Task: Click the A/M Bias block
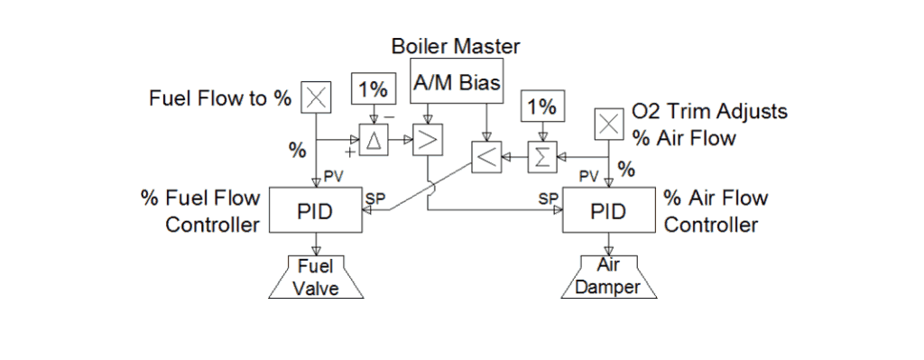pos(456,84)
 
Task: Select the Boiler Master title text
pos(456,45)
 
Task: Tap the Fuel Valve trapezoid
pos(315,276)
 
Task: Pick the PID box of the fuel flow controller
pos(315,212)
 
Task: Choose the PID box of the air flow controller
pos(608,212)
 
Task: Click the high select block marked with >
pos(425,140)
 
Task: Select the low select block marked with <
pos(485,159)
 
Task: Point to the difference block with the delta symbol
pos(374,140)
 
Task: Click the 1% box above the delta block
pos(373,90)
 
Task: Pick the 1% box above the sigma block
pos(541,106)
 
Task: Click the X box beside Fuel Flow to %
pos(315,97)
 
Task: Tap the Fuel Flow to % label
pos(220,98)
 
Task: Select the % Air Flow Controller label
pos(716,211)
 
